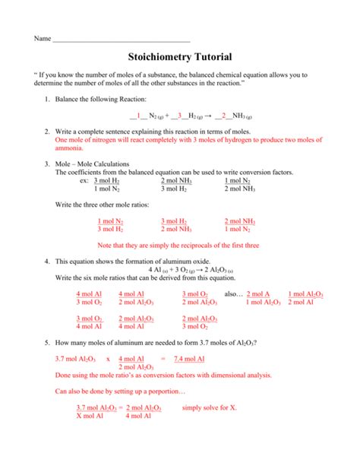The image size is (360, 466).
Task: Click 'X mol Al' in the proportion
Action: tap(93, 416)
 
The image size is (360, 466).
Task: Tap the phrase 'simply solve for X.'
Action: tap(210, 407)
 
